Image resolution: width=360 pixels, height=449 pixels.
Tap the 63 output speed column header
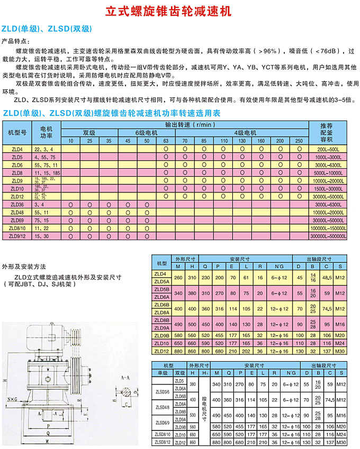[166, 141]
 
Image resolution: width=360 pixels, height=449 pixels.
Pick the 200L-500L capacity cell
[334, 150]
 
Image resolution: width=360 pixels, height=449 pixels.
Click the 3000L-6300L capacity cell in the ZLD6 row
[334, 165]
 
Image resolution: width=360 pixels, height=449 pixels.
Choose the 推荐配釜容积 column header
[334, 132]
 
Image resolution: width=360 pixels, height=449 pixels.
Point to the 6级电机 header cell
[147, 133]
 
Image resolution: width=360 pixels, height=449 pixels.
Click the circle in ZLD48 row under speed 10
[70, 212]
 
